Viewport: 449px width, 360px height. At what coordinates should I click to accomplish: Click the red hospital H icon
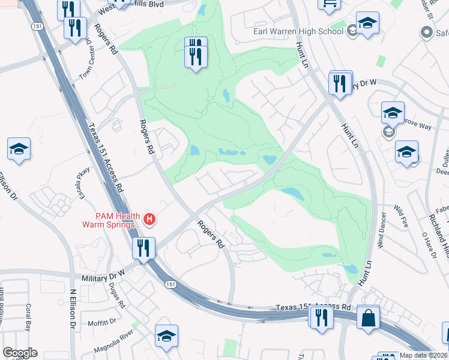click(150, 221)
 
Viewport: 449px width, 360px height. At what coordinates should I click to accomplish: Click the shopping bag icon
click(368, 317)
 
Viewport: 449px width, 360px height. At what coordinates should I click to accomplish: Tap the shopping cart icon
click(328, 5)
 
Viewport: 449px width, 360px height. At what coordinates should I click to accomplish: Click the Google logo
click(20, 353)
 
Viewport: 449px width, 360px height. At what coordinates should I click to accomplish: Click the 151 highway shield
click(172, 284)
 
